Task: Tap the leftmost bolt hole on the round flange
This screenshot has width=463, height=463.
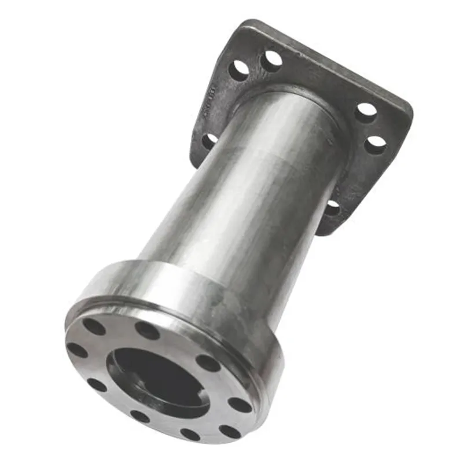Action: click(76, 350)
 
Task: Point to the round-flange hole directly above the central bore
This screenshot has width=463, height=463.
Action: click(147, 330)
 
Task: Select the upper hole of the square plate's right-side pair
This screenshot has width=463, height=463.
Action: click(365, 112)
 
